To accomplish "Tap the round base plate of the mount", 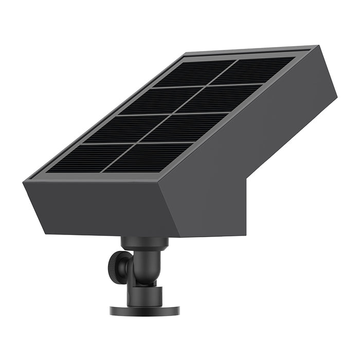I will pos(145,310).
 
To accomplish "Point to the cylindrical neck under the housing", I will pos(145,242).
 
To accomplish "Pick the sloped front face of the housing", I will pos(98,206).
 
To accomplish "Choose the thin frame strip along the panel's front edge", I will pos(98,176).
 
